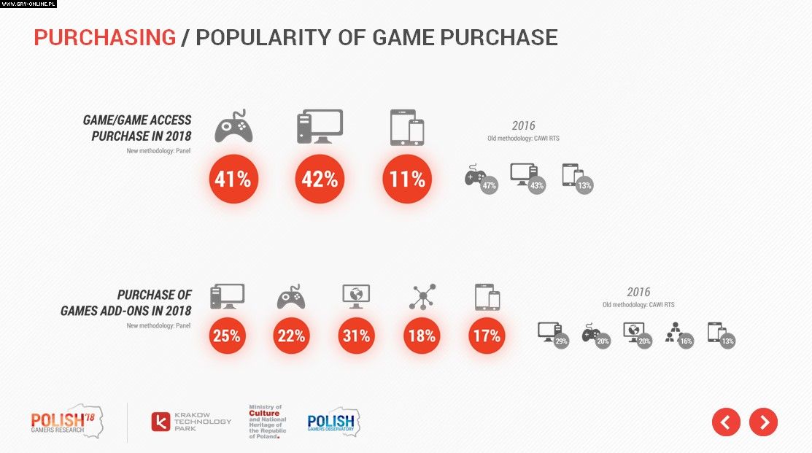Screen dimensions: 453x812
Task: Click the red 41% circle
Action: (x=233, y=179)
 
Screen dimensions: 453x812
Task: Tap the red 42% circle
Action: (x=320, y=179)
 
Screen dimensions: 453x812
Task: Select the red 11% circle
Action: (x=406, y=179)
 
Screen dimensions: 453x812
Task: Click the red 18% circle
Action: (x=422, y=336)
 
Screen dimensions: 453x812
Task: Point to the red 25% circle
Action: (x=227, y=336)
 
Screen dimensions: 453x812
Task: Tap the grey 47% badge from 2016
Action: (x=489, y=185)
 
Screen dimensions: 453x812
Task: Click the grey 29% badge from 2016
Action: (x=561, y=340)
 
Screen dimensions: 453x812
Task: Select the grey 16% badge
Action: (x=685, y=340)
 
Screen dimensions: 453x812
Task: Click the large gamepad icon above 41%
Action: (x=233, y=126)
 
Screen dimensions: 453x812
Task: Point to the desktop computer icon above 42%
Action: (x=320, y=126)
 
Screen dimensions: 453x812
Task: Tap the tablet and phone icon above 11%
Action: (x=406, y=127)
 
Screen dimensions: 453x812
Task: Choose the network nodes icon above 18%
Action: (x=422, y=296)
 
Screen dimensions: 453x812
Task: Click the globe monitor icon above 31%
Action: (x=356, y=295)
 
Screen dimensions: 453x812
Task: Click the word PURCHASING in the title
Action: (x=105, y=37)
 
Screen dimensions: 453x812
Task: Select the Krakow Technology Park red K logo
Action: (x=161, y=422)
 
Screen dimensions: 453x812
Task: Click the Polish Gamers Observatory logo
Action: (x=333, y=422)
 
